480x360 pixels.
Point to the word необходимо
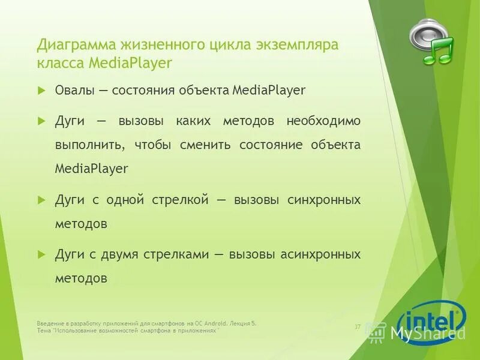(x=323, y=121)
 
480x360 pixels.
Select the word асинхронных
(x=320, y=254)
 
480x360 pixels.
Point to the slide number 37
(x=357, y=326)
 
